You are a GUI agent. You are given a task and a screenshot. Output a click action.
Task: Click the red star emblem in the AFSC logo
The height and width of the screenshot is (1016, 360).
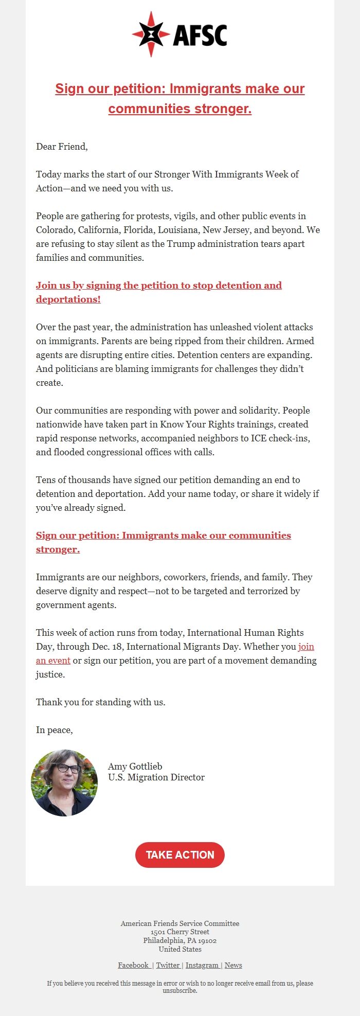click(x=150, y=34)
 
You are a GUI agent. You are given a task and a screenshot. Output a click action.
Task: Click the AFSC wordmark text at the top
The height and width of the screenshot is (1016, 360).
click(x=200, y=35)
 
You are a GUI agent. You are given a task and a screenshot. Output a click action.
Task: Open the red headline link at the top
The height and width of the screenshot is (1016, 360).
click(x=180, y=98)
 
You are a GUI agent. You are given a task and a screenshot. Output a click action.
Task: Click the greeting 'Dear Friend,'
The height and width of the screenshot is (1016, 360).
click(x=62, y=147)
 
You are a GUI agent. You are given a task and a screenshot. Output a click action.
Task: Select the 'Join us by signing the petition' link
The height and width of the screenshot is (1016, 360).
click(x=158, y=286)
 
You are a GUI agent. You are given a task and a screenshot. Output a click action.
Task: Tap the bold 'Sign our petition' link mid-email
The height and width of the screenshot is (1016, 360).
click(x=163, y=536)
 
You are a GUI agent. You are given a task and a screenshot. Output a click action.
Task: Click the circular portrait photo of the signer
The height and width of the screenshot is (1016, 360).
click(x=64, y=782)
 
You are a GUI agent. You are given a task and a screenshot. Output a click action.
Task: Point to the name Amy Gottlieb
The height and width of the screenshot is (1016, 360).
click(x=135, y=767)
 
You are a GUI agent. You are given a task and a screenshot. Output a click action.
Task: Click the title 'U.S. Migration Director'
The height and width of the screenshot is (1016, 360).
click(x=156, y=777)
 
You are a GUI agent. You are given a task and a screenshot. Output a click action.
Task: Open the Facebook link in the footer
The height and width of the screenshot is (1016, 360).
click(x=134, y=965)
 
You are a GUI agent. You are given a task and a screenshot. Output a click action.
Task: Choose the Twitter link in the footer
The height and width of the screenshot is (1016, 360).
click(x=168, y=965)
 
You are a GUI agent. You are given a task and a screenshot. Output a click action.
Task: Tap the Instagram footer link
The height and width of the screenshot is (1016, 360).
click(x=202, y=965)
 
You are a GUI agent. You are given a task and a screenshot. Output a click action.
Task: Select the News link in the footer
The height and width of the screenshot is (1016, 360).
click(x=233, y=965)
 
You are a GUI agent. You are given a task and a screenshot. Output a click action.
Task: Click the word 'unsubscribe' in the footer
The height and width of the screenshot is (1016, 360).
click(x=179, y=990)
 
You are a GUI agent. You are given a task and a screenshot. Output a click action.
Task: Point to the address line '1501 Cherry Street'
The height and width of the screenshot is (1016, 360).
click(x=180, y=932)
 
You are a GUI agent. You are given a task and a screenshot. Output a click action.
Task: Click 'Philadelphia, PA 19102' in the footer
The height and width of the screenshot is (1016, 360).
click(x=180, y=940)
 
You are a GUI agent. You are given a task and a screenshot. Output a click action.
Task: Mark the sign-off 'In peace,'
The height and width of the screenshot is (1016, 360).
click(x=55, y=730)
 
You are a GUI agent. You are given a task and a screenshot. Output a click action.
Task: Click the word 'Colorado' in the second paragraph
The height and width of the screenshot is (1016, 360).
click(x=55, y=230)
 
